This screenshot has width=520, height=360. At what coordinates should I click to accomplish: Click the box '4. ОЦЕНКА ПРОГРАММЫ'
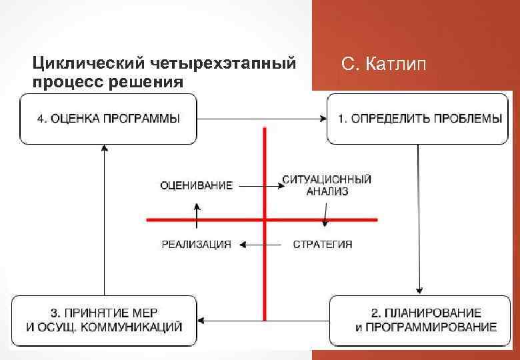108,119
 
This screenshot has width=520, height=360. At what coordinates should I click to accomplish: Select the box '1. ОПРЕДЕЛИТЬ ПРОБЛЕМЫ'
420,119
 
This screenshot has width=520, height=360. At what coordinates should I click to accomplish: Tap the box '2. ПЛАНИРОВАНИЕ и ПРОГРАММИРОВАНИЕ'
425,321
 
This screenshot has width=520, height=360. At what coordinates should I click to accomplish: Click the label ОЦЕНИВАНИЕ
197,185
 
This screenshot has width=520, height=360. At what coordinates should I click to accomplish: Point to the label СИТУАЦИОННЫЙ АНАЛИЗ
327,185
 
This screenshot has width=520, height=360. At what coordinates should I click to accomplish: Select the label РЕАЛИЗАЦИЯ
197,245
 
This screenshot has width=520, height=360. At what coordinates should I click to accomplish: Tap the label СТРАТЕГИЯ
323,245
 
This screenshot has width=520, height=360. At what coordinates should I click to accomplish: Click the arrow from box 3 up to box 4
105,220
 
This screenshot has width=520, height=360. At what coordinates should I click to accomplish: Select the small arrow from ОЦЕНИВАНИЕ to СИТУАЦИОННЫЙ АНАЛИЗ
257,185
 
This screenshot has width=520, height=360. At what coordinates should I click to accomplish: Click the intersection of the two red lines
265,219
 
